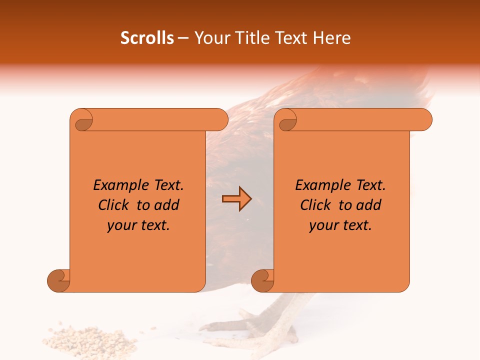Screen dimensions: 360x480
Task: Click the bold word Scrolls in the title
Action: coord(147,38)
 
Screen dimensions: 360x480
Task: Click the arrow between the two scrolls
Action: coord(236,199)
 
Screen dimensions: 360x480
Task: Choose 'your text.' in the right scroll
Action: coord(340,225)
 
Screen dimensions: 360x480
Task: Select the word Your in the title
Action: coord(211,38)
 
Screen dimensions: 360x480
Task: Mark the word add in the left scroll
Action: coord(166,205)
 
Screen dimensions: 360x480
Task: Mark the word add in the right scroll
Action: coord(368,205)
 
